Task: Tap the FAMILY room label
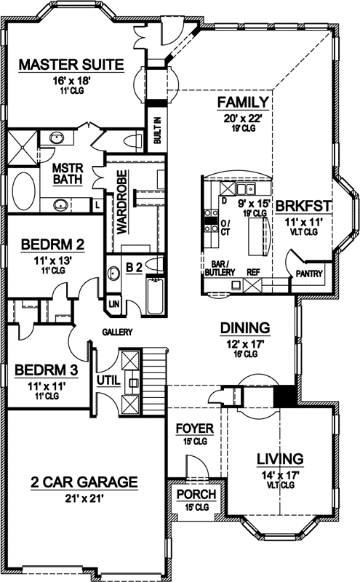point(244,101)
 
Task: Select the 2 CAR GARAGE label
point(84,481)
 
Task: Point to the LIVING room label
point(279,458)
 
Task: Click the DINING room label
point(245,327)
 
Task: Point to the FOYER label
point(194,428)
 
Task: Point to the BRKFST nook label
point(304,206)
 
